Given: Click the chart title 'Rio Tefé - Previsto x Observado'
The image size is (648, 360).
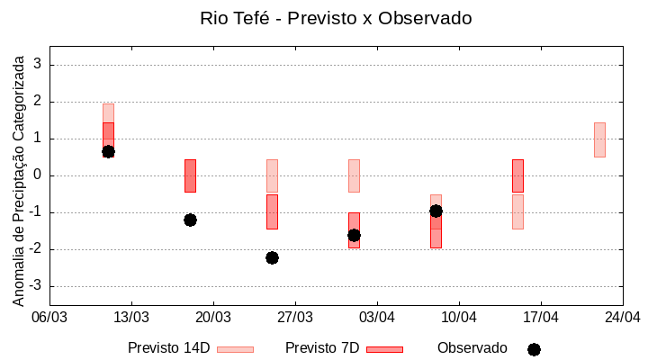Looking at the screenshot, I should tap(336, 18).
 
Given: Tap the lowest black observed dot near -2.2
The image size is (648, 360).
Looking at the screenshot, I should tap(272, 257).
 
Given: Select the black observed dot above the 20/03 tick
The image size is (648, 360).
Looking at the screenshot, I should tap(190, 220).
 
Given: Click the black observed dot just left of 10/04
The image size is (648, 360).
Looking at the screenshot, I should tap(436, 211).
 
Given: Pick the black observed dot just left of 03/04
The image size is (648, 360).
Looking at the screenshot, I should tap(354, 235).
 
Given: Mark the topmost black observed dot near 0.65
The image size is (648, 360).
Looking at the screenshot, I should tap(108, 151).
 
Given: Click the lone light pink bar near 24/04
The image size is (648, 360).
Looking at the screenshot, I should tap(599, 139).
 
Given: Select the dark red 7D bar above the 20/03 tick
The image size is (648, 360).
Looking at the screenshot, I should tap(190, 175).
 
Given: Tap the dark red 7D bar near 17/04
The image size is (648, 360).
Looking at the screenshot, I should tap(517, 175).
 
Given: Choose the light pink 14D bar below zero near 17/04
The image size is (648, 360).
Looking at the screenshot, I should tap(517, 211).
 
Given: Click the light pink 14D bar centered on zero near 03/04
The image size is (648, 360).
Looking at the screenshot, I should tap(354, 175).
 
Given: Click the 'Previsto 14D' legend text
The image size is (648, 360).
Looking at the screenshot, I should tap(168, 348).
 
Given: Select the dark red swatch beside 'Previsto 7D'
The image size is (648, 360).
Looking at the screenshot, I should tap(384, 349).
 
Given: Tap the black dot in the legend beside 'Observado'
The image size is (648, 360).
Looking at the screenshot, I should tap(534, 349).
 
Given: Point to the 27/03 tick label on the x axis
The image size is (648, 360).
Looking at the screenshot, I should tap(295, 317).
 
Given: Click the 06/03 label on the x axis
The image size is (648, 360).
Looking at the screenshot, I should tap(49, 317).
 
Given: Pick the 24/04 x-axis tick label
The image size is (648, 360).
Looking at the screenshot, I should tap(622, 317).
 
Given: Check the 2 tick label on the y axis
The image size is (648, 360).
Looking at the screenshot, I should tap(39, 102).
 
